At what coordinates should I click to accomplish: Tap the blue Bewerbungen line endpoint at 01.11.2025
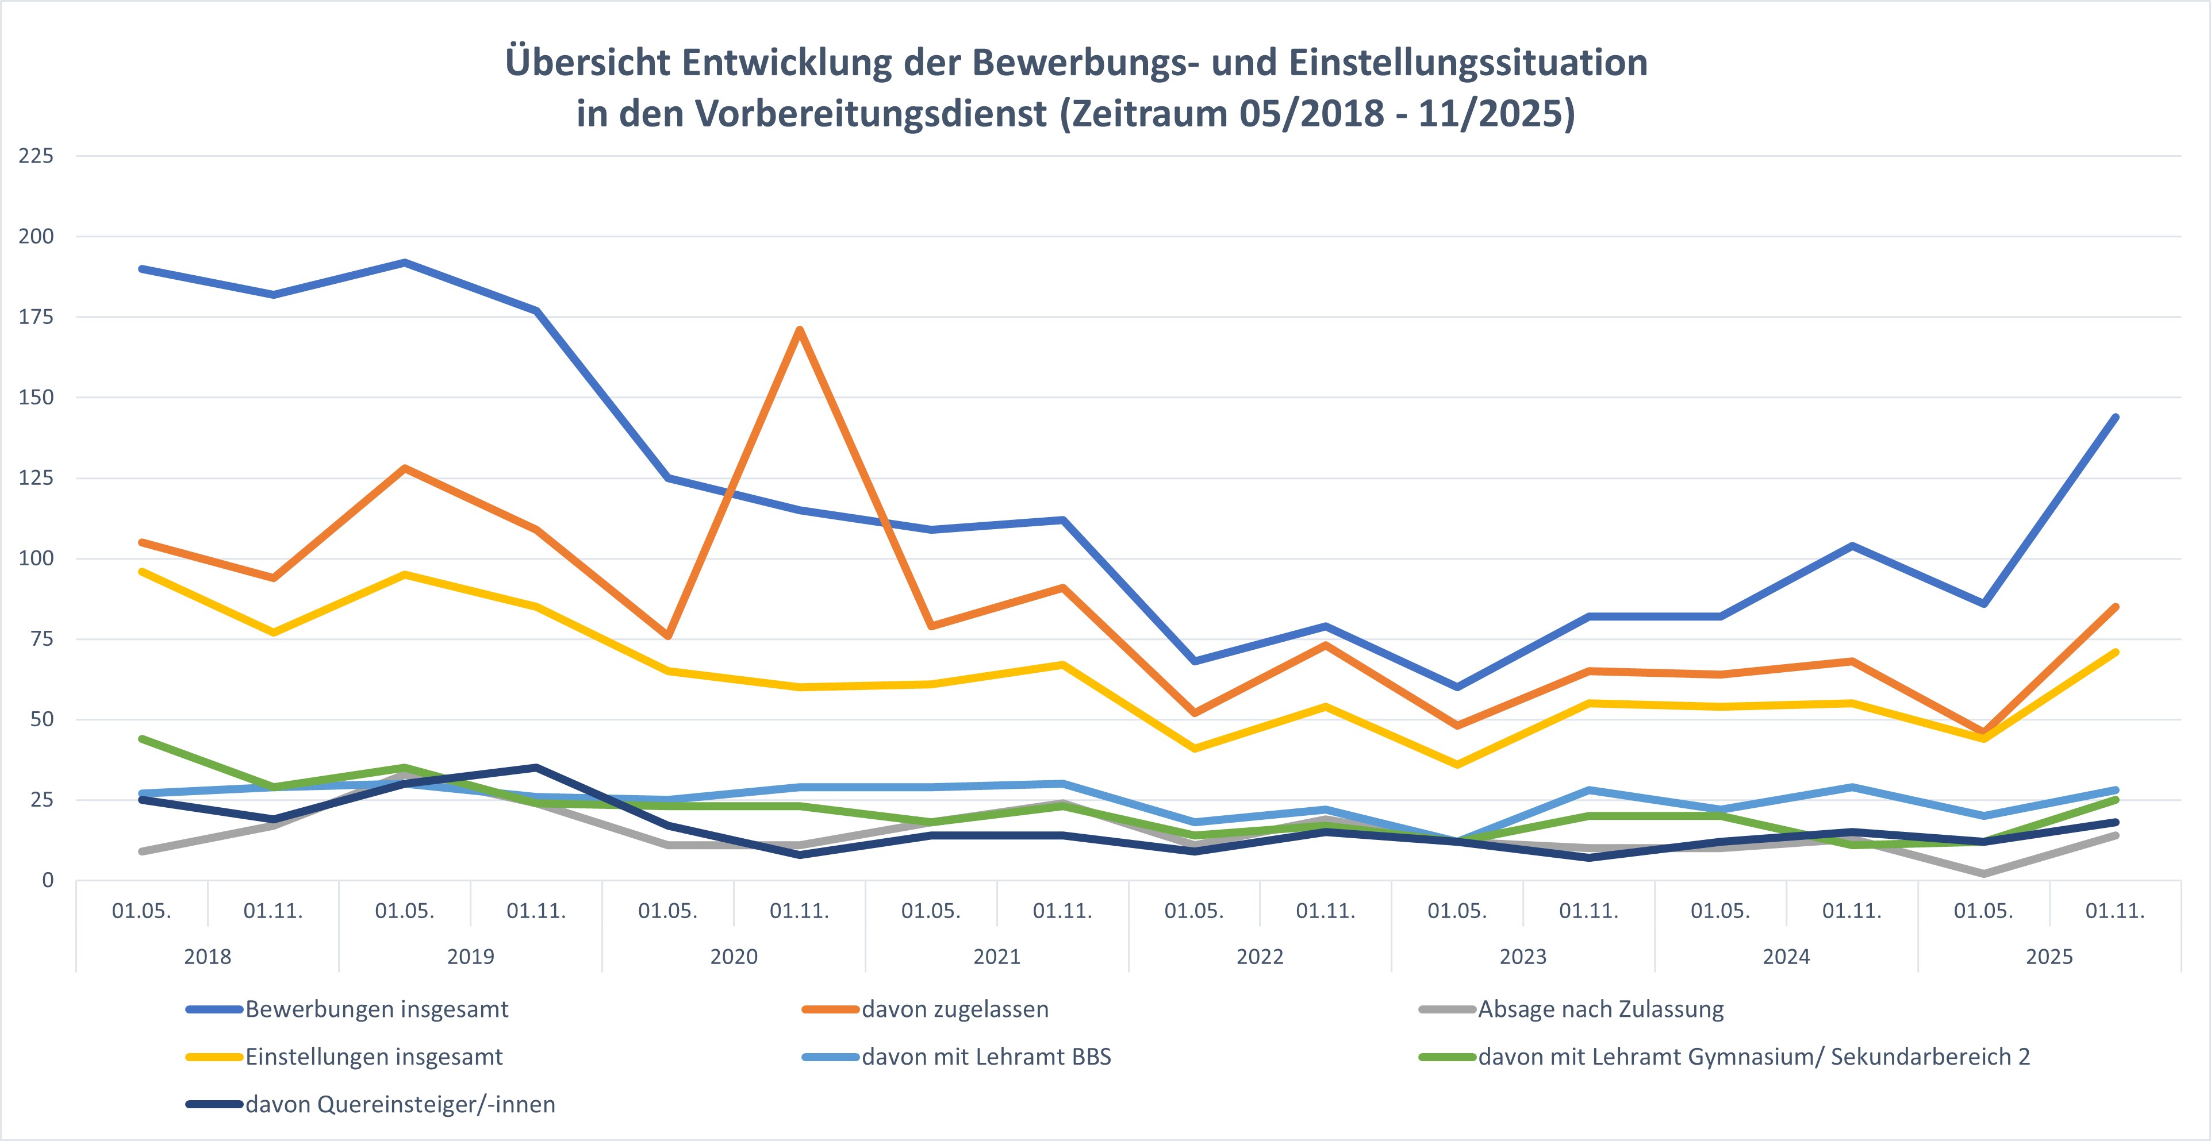(x=2115, y=418)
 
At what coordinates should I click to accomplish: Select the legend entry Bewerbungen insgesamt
(x=376, y=1009)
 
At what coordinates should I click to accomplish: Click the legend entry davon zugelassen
(x=954, y=1009)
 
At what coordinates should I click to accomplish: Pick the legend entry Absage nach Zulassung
(x=1600, y=1009)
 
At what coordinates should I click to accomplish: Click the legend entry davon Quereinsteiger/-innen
(x=400, y=1104)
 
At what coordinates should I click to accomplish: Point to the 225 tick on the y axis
(x=36, y=155)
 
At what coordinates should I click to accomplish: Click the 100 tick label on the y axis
(x=36, y=558)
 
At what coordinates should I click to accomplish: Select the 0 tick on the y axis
(x=47, y=880)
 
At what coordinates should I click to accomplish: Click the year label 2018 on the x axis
(x=207, y=957)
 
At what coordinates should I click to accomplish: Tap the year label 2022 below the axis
(x=1259, y=957)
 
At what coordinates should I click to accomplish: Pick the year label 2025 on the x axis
(x=2049, y=957)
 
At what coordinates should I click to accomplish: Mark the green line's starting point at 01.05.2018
(x=141, y=739)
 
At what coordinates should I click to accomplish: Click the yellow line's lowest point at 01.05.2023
(x=1457, y=764)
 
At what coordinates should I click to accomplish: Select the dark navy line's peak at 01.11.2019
(x=536, y=767)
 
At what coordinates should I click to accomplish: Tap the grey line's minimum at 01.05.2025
(x=1983, y=873)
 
